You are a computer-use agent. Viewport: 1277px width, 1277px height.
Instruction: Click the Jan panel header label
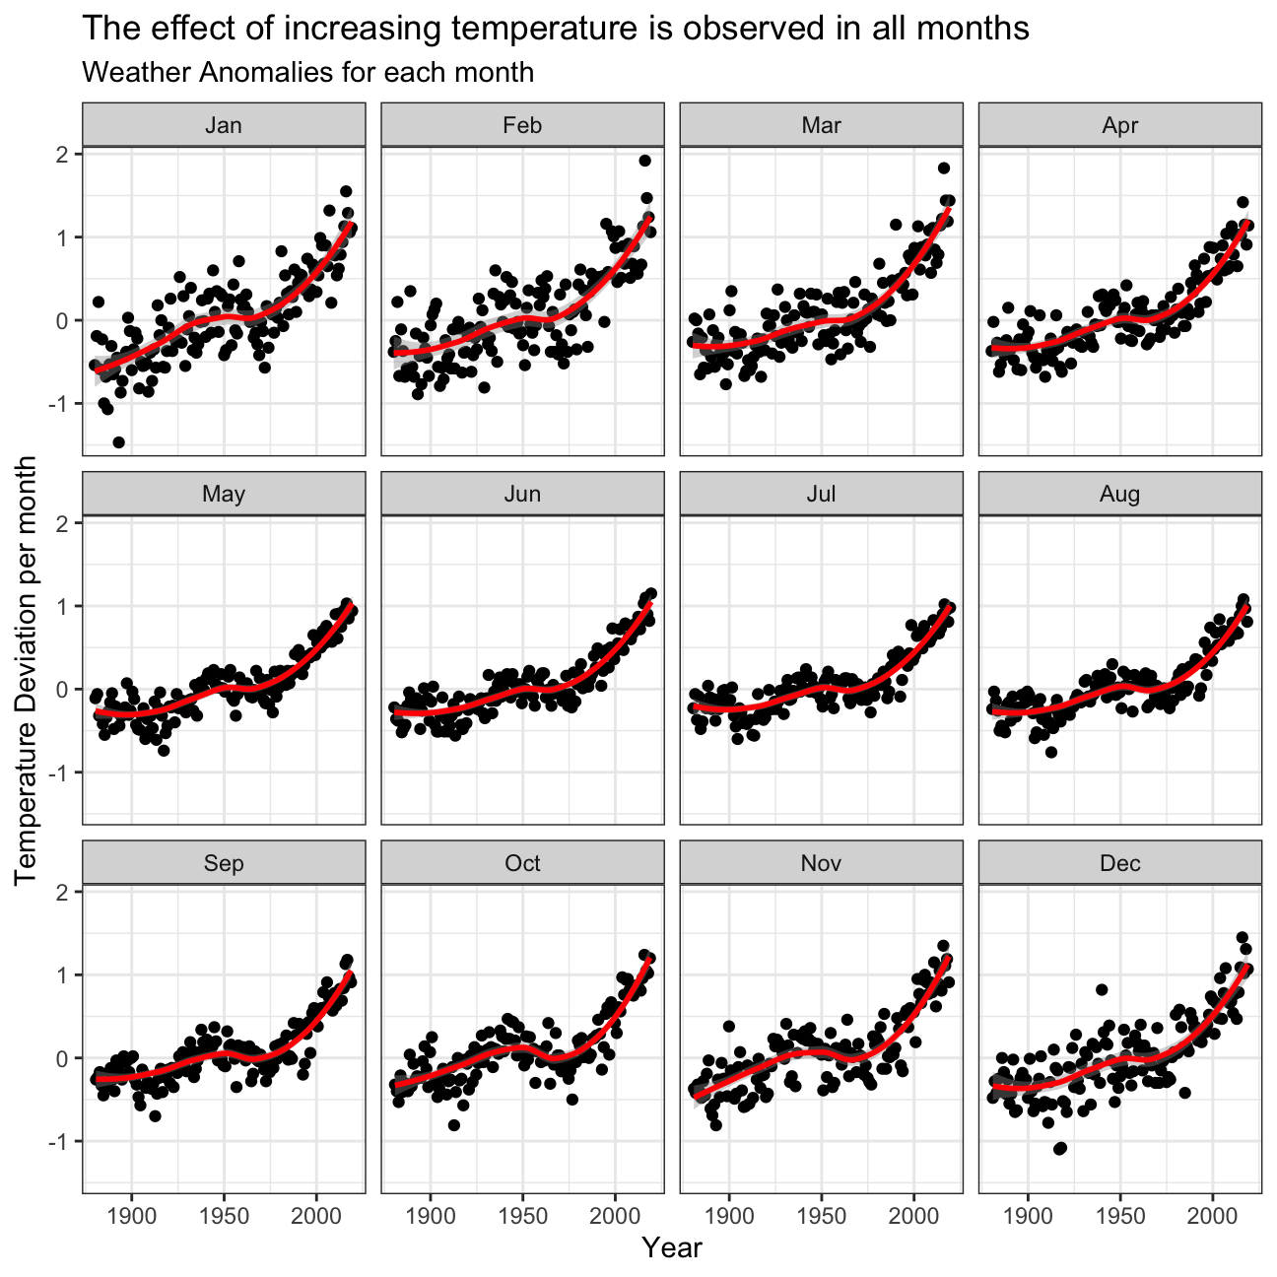pos(224,125)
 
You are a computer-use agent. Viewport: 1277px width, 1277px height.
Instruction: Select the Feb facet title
pos(522,125)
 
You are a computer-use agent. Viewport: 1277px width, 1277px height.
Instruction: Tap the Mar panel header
pos(821,125)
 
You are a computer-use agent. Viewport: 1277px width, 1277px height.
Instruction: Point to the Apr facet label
pos(1120,125)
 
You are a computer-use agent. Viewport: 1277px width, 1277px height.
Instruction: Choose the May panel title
pos(224,495)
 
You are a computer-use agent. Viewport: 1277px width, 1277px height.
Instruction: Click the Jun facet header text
pos(522,495)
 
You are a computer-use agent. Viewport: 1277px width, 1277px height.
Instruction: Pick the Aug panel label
pos(1120,495)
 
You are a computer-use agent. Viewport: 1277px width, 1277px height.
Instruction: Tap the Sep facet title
pos(224,864)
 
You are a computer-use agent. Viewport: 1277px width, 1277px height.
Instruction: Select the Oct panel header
pos(522,864)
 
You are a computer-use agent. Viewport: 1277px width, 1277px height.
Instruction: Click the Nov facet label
pos(821,864)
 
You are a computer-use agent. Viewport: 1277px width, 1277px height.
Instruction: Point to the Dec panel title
pos(1120,864)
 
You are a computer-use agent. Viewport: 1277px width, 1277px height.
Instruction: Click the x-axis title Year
pos(672,1248)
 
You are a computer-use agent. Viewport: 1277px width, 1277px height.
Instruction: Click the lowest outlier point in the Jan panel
pos(118,442)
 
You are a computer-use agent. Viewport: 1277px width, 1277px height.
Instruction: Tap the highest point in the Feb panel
pos(644,161)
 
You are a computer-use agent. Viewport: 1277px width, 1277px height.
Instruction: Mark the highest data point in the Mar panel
pos(943,168)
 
